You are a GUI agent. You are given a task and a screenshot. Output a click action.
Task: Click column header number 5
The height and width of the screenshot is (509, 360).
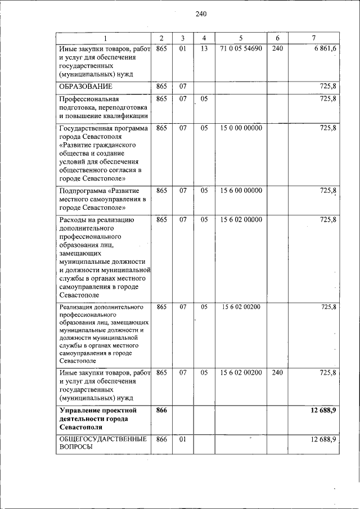pos(240,38)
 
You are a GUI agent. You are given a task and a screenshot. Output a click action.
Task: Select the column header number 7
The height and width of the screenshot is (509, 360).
pos(313,38)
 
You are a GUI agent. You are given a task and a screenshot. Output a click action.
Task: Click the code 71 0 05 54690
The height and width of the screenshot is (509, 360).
pos(241,49)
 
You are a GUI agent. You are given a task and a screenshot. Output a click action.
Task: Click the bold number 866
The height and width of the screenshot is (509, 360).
pos(161,411)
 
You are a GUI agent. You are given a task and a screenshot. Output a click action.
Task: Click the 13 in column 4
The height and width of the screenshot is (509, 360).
pos(204,49)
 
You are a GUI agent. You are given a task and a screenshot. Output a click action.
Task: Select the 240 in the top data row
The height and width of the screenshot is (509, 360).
pos(277,49)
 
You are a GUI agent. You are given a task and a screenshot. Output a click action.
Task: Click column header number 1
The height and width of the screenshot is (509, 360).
pos(105,38)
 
